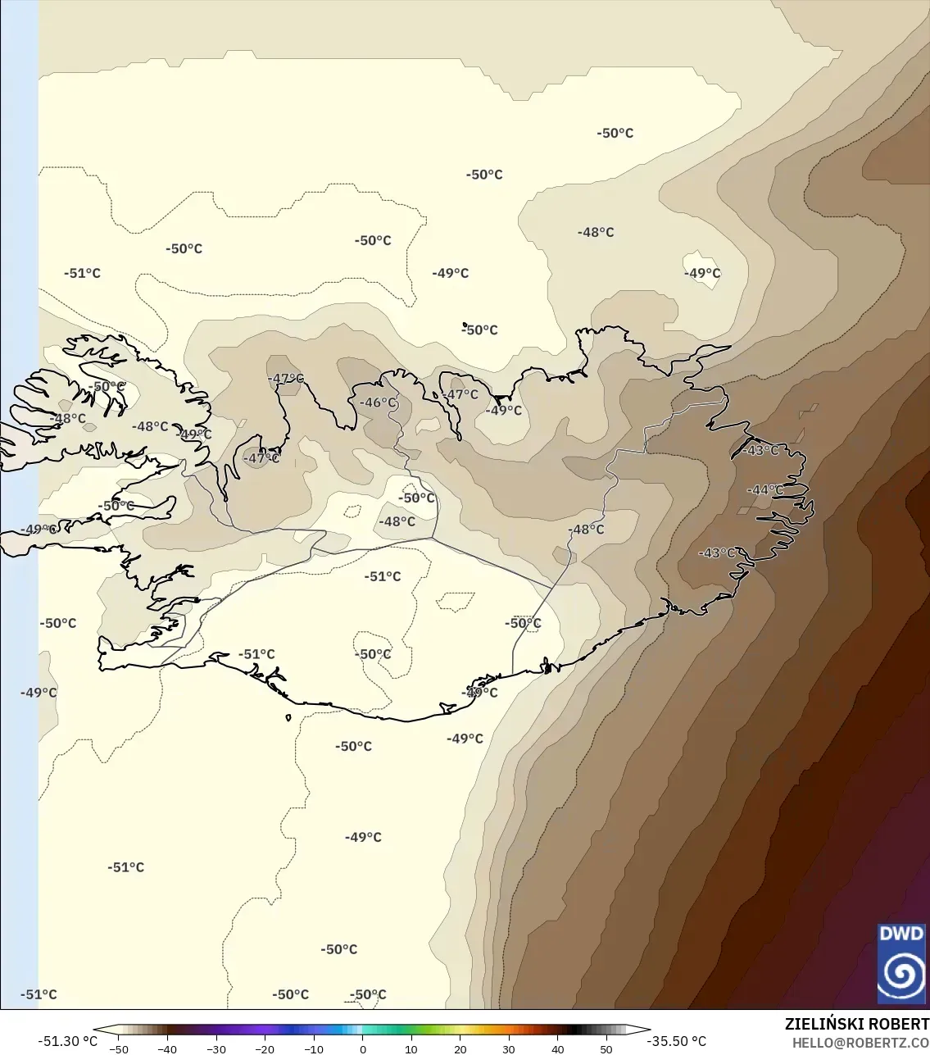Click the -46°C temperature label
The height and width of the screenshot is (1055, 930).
tap(378, 402)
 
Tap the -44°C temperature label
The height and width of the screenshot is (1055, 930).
tap(764, 490)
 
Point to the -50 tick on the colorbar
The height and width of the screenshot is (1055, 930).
tap(119, 1048)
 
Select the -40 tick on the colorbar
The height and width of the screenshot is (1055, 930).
tap(167, 1048)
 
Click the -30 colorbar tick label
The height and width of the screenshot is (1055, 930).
tap(216, 1048)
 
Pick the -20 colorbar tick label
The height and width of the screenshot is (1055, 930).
tap(265, 1048)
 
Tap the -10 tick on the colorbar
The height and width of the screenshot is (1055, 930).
tap(314, 1048)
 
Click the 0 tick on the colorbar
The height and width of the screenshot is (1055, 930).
tap(363, 1048)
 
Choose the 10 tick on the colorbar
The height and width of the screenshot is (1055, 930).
tap(411, 1048)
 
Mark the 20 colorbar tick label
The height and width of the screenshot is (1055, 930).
tap(460, 1048)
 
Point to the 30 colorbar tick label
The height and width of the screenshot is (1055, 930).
tap(509, 1048)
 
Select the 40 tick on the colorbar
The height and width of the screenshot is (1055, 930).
tap(558, 1048)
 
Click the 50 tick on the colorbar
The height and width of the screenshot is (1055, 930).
tap(606, 1048)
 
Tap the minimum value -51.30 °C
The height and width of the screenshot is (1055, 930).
tap(67, 1041)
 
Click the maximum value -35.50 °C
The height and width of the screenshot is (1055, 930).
tap(677, 1041)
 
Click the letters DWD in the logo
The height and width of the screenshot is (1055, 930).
tap(901, 934)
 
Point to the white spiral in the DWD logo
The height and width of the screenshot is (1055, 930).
tap(901, 973)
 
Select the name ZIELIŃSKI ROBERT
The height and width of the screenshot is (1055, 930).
tap(856, 1024)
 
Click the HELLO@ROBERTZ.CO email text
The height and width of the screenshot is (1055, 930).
tap(860, 1043)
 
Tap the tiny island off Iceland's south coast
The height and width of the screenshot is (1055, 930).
tap(288, 718)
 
